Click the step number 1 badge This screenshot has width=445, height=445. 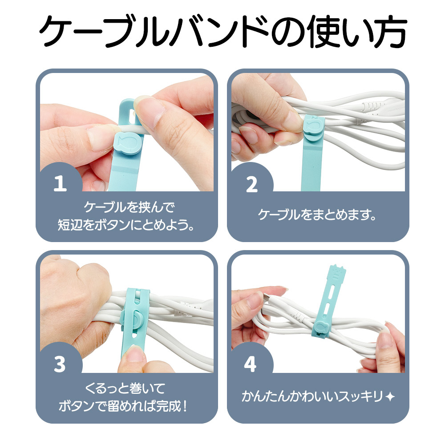[60, 183]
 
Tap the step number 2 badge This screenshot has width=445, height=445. [252, 185]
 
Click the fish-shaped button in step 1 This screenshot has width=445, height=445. [127, 143]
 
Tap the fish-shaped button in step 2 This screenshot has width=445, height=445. [314, 126]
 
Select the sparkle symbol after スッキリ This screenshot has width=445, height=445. [391, 396]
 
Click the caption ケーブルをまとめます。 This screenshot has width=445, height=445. [317, 214]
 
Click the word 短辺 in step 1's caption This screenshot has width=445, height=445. [70, 225]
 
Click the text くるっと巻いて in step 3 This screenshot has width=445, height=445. [125, 388]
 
